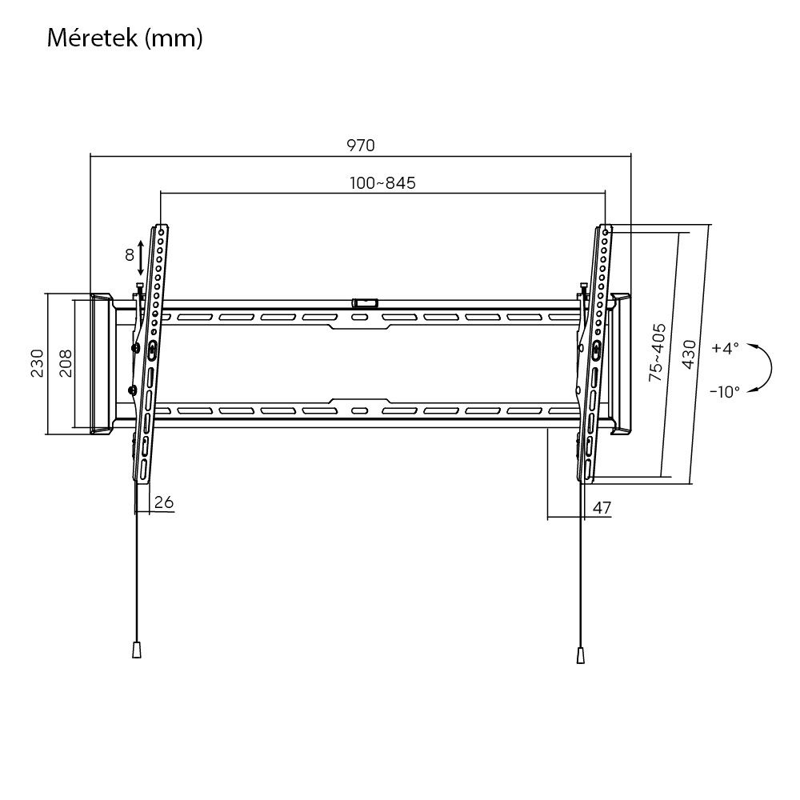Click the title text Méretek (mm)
[x=124, y=38]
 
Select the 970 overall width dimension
[x=360, y=145]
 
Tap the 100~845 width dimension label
[x=382, y=183]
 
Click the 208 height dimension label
[x=66, y=364]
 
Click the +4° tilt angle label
[x=725, y=348]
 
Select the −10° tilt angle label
[x=724, y=391]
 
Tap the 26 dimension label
[x=163, y=502]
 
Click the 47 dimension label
[x=602, y=507]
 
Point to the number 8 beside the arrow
[x=129, y=256]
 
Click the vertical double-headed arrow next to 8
[x=142, y=256]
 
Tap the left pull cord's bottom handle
[x=136, y=649]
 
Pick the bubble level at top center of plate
[x=365, y=302]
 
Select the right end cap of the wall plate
[x=621, y=364]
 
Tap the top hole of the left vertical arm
[x=162, y=230]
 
